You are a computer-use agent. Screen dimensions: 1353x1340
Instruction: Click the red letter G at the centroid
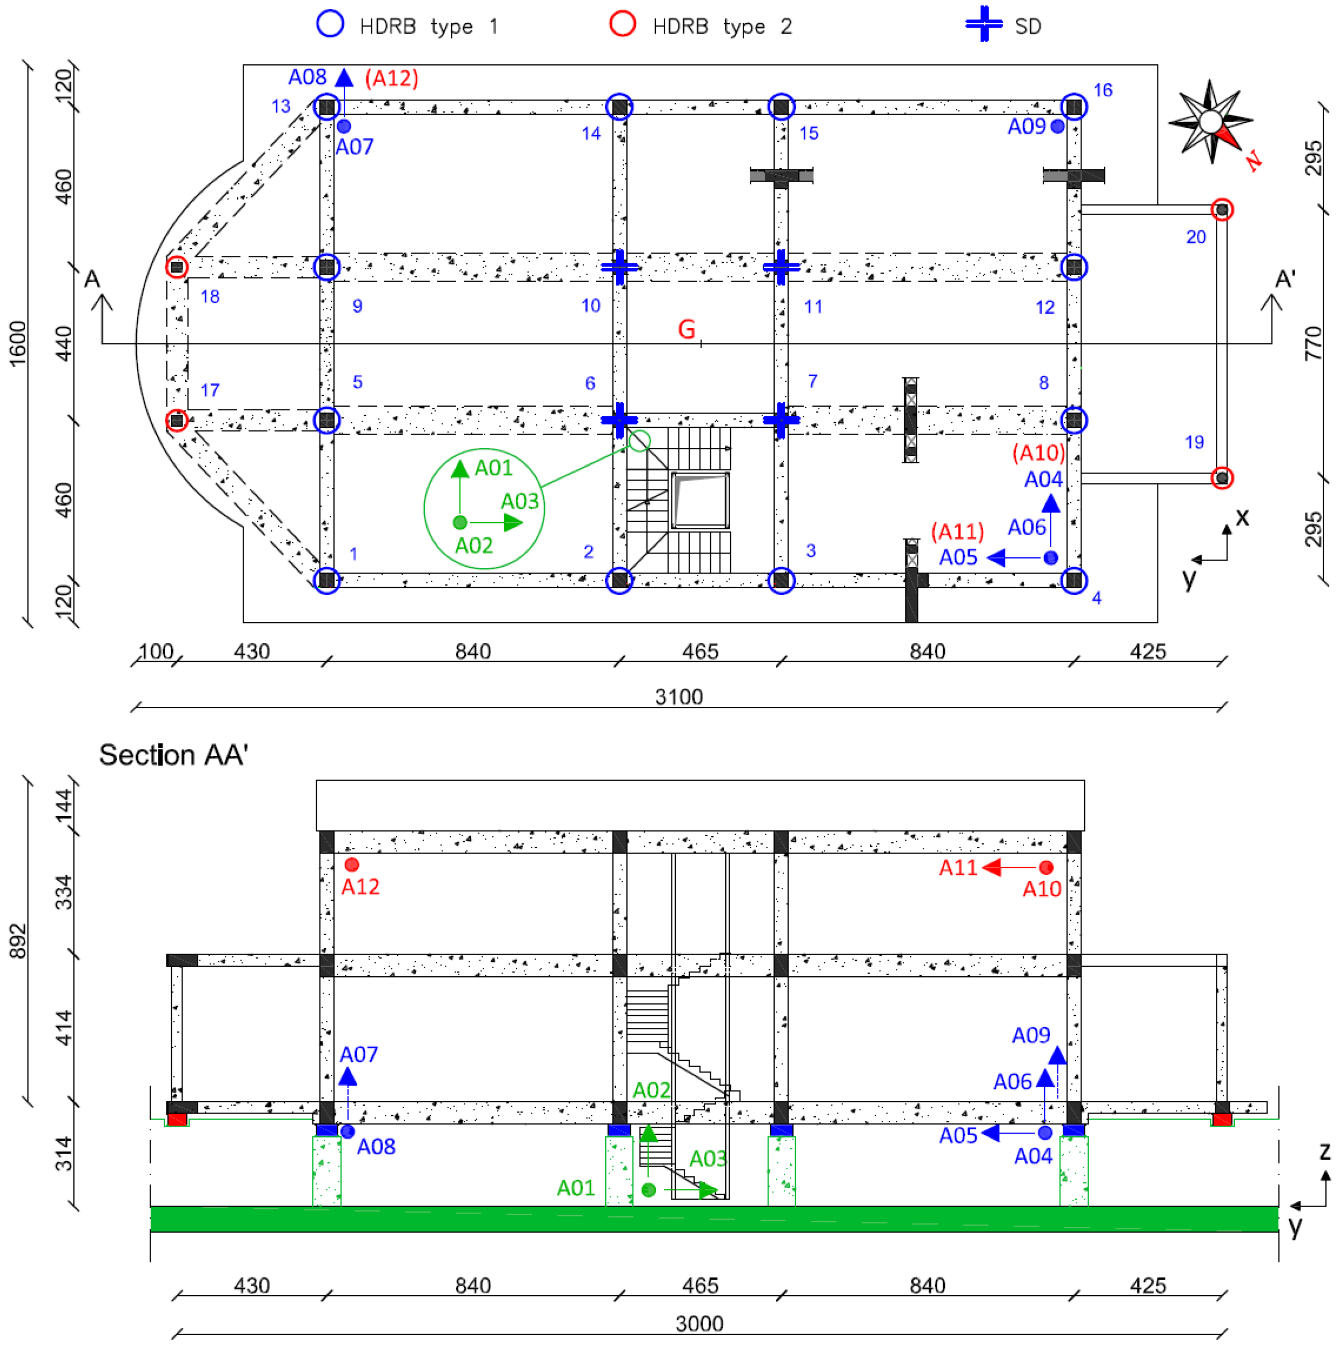click(686, 329)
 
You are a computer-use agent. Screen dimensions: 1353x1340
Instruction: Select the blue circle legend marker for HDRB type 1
click(330, 24)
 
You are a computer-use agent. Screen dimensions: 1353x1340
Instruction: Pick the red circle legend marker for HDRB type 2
click(622, 24)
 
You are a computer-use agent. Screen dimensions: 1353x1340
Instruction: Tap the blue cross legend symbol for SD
click(984, 24)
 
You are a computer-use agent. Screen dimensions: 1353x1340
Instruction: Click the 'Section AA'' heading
click(173, 755)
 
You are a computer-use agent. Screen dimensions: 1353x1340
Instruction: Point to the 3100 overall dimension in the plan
click(678, 697)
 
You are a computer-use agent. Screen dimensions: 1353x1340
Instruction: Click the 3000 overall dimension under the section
click(698, 1324)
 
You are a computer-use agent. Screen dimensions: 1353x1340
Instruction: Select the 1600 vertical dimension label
click(17, 343)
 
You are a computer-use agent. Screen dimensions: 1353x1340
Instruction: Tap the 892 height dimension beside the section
click(17, 940)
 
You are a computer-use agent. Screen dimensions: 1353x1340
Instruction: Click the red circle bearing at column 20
click(1222, 209)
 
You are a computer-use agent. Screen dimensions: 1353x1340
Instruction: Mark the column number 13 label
click(281, 106)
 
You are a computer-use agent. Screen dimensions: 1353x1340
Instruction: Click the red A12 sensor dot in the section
click(352, 865)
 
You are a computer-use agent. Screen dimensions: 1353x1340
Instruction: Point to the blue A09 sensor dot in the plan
click(1057, 126)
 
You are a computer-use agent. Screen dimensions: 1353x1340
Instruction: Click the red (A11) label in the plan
click(957, 532)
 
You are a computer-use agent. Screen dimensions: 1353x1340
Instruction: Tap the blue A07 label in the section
click(358, 1054)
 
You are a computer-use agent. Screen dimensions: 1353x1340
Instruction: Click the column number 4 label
click(1096, 598)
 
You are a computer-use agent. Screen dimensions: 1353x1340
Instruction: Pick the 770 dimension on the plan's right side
click(1313, 343)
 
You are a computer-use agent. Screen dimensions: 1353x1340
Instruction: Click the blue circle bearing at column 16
click(1073, 107)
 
